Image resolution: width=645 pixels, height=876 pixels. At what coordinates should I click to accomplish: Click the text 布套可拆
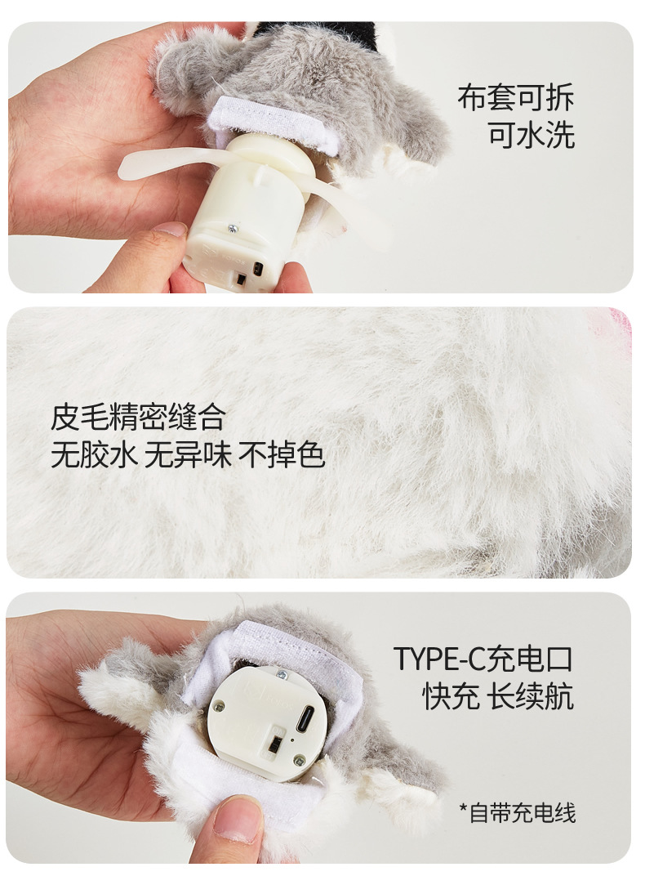click(x=515, y=98)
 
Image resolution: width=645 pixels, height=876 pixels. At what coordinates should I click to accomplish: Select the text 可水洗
click(x=532, y=135)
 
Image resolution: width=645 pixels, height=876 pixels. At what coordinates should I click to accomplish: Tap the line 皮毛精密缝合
click(x=138, y=417)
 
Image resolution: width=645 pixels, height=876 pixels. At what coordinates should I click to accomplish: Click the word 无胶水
click(x=94, y=454)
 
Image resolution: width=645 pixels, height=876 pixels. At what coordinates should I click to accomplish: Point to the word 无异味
click(x=188, y=454)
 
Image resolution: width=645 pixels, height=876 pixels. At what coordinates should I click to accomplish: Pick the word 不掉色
click(x=282, y=454)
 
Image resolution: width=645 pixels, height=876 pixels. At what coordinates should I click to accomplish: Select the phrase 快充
click(x=450, y=697)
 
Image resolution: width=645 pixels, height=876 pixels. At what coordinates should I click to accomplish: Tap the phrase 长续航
click(x=530, y=697)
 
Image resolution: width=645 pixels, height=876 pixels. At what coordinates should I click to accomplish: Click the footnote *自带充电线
click(x=517, y=813)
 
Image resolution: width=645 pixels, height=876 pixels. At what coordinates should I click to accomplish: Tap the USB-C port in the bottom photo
click(x=306, y=720)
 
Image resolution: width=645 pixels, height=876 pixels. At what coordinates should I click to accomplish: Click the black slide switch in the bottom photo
click(x=275, y=743)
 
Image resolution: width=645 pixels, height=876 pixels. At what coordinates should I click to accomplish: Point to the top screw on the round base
click(x=282, y=676)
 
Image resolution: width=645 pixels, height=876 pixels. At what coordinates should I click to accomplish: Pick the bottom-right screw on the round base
click(x=300, y=760)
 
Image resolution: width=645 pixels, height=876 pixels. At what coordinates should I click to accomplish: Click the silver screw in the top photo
click(x=232, y=227)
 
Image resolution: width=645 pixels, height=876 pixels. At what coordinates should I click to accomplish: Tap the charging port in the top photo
click(x=258, y=269)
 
